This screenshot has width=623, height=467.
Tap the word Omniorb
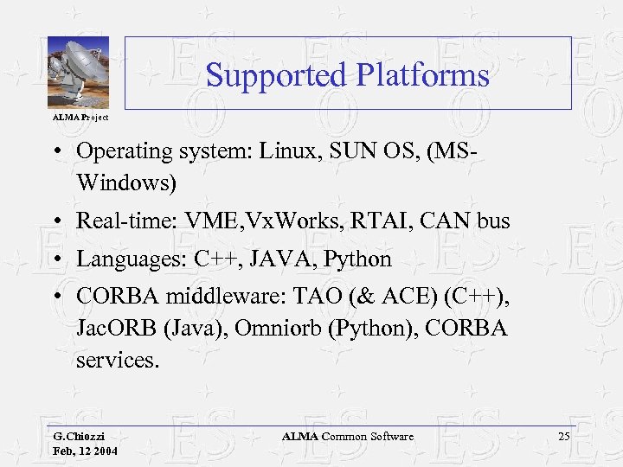pos(258,329)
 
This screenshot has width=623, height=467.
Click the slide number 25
pos(564,437)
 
